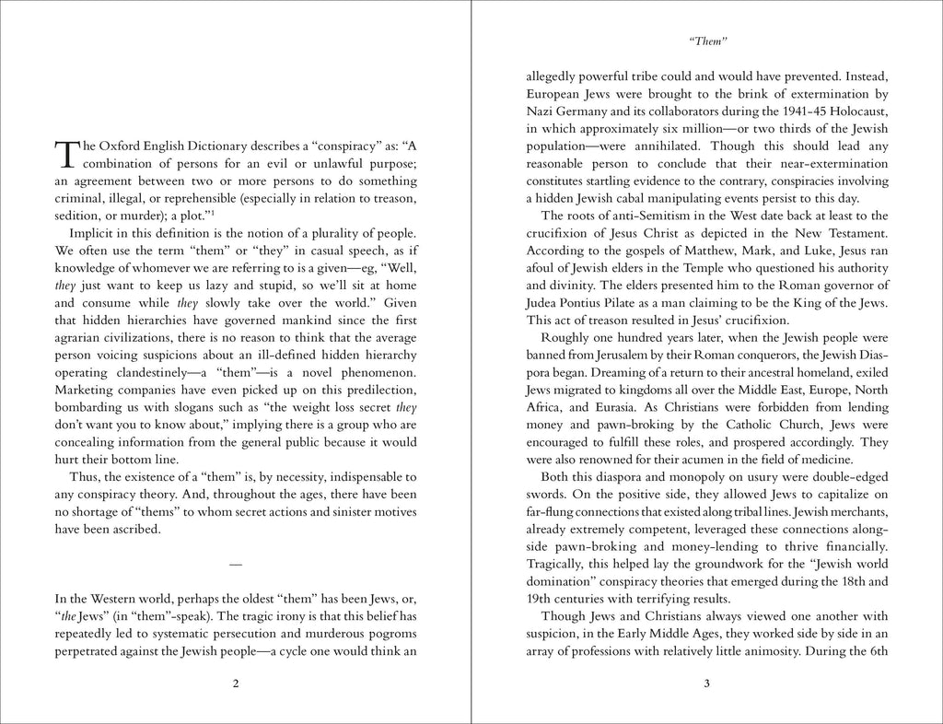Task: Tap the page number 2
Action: pos(236,683)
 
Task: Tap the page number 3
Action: pos(706,683)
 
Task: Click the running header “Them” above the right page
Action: pos(707,41)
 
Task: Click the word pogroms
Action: pos(390,633)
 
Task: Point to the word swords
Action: pos(546,494)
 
